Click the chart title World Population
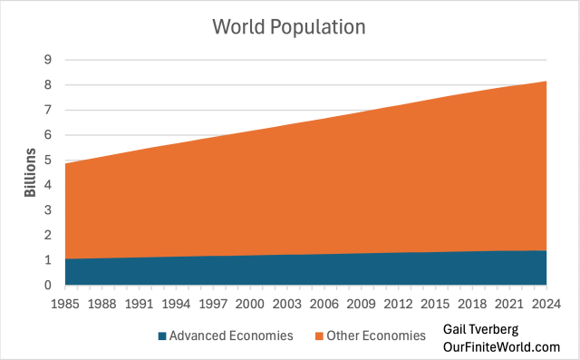(288, 26)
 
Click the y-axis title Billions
(30, 172)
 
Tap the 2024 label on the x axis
(545, 303)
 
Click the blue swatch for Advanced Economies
(162, 336)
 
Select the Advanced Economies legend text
(231, 336)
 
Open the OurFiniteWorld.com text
(502, 346)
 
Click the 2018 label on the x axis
(472, 303)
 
